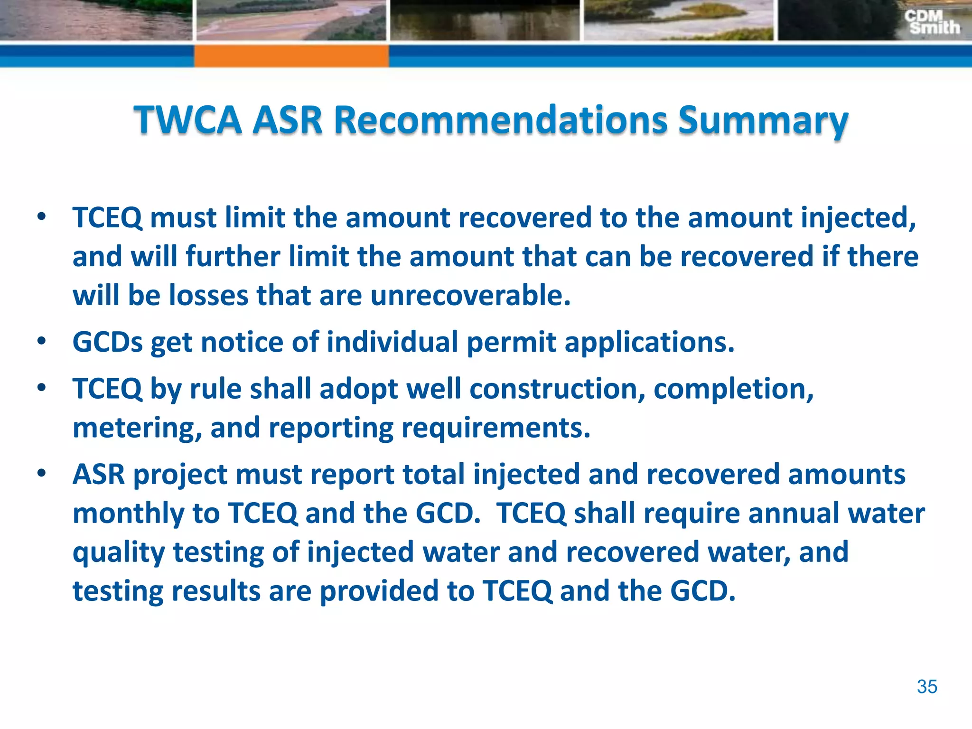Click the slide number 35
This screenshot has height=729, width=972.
pos(926,687)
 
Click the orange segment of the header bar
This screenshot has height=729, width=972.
pos(291,56)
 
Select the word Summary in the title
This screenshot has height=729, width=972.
pos(763,121)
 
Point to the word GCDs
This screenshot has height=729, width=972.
pos(107,342)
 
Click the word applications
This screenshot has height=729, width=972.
pos(649,343)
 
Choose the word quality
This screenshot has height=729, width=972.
pos(119,553)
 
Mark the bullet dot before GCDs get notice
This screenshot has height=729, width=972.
pos(42,341)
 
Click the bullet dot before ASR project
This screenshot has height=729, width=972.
pos(42,473)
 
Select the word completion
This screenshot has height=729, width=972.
pos(733,389)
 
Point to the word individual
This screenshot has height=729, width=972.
pos(392,342)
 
